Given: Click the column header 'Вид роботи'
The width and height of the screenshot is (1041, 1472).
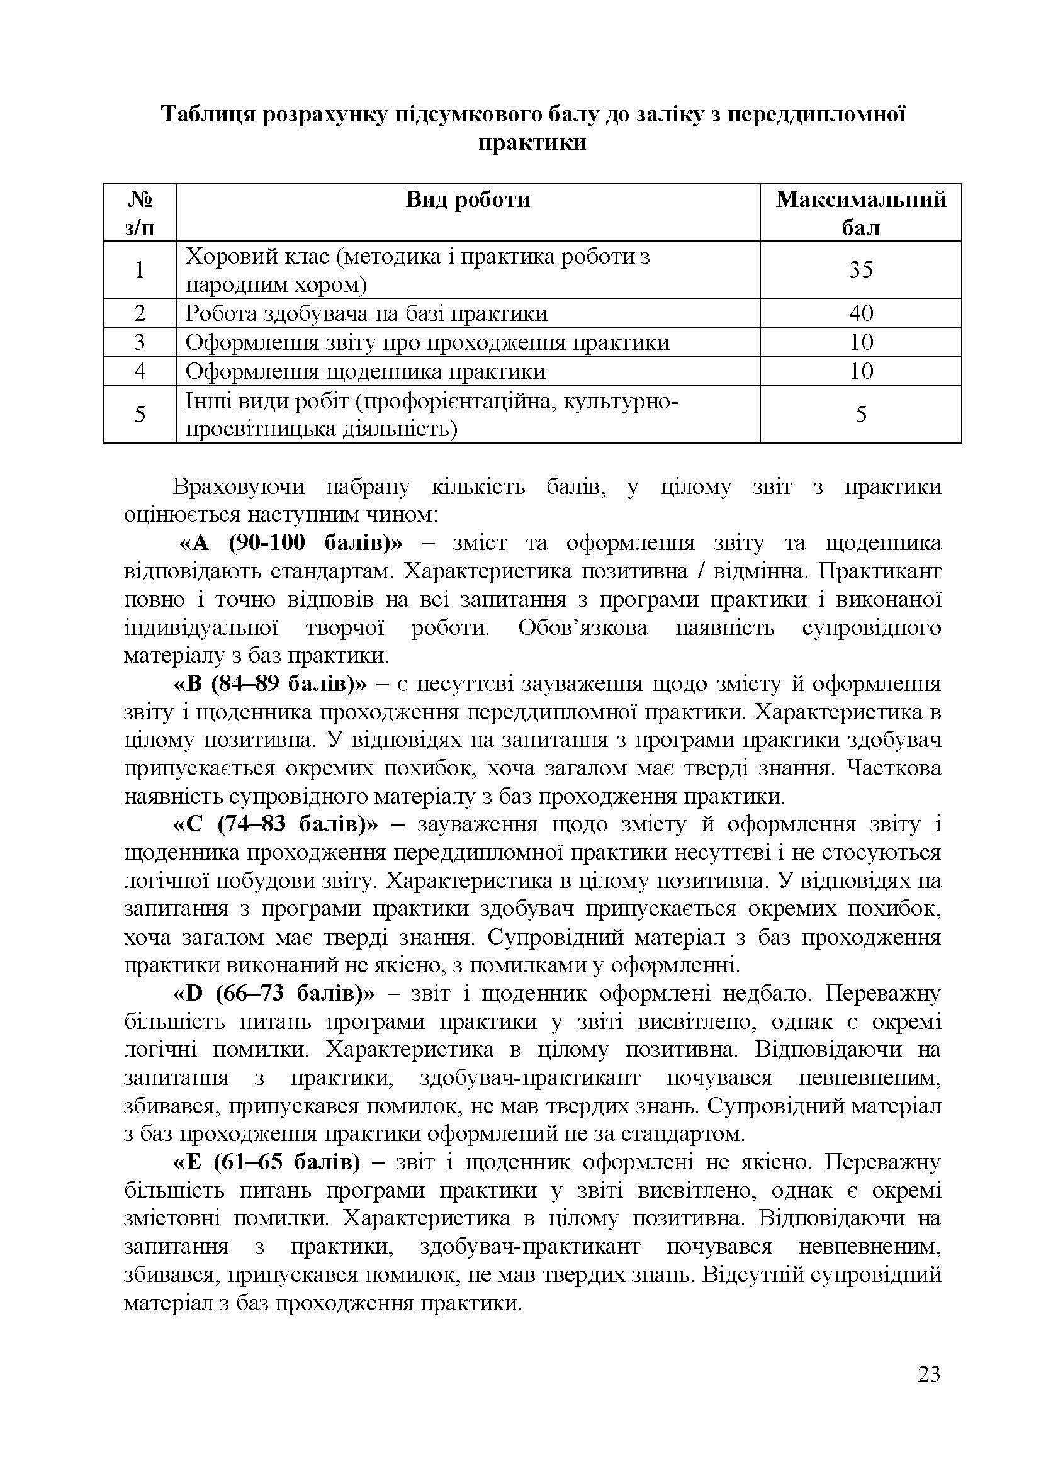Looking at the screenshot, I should pos(468,199).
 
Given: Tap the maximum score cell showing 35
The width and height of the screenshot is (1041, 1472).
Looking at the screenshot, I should pos(861,269).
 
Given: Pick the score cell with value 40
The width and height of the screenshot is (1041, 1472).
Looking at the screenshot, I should pos(861,313).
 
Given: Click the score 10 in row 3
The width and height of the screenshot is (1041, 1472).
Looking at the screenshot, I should pos(861,342).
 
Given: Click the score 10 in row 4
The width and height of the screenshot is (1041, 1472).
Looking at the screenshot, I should pos(861,371).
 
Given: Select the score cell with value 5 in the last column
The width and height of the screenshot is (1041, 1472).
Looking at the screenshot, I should pos(861,414).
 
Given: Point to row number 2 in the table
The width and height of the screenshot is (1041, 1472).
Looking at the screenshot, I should pos(140,313).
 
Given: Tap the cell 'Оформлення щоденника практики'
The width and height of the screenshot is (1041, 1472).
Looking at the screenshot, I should pos(366,371).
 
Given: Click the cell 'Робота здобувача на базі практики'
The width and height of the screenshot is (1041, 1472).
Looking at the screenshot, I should pos(366,313).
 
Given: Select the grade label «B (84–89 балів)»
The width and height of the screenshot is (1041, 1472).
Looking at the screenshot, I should pos(271,684).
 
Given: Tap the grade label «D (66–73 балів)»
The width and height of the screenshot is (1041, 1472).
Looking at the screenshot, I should pos(274,994).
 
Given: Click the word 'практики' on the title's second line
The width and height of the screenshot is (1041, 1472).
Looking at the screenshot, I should pos(532,142).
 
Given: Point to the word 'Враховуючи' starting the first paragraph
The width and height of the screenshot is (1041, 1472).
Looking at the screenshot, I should pos(239,487).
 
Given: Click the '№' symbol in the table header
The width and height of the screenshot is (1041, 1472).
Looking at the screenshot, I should pos(140,199).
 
